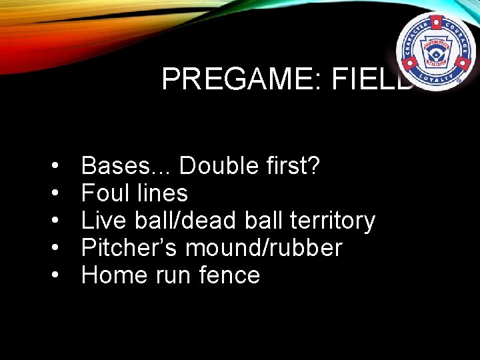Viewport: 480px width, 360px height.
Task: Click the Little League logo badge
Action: pos(435,51)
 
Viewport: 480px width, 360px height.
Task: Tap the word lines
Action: pos(162,193)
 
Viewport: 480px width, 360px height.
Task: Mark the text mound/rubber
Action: pos(263,248)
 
